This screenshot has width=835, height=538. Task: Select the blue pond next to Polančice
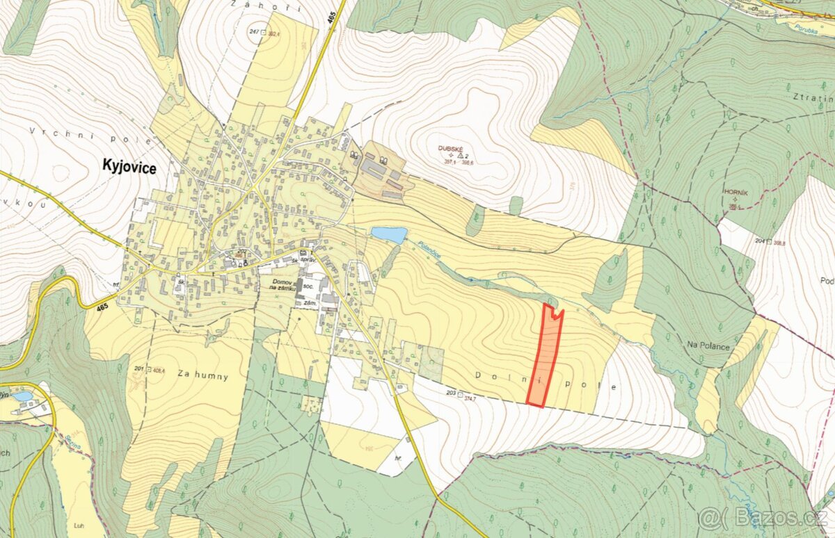388,235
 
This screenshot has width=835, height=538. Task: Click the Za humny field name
202,375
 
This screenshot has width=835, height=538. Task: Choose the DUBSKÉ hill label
451,148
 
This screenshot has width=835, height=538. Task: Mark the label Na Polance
708,345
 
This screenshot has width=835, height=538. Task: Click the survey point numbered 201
142,369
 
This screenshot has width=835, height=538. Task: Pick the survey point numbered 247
255,33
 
